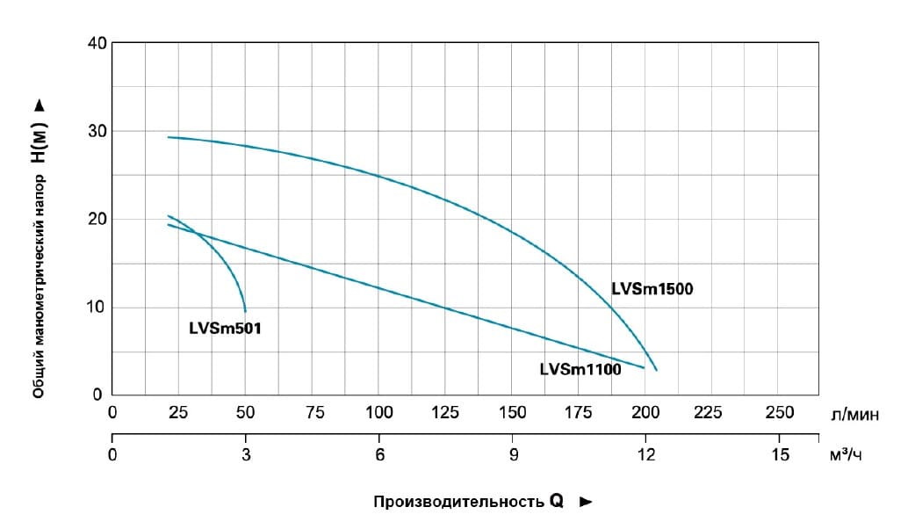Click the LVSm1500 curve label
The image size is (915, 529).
(x=652, y=288)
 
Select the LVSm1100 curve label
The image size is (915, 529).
(x=580, y=370)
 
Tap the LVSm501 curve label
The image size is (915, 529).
(x=226, y=329)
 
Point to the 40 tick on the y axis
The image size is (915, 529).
(x=97, y=43)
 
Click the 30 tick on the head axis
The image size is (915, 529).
(x=97, y=131)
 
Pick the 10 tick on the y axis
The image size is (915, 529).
(x=97, y=307)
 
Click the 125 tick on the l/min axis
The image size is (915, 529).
(x=445, y=412)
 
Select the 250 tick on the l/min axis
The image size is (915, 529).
(x=780, y=412)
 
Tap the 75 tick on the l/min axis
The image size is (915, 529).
(x=312, y=412)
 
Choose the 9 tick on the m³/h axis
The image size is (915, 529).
(x=513, y=454)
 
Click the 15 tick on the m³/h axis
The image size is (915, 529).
(x=780, y=454)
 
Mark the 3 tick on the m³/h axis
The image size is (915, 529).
(x=246, y=454)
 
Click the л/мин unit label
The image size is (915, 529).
(x=853, y=413)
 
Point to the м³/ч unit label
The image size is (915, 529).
(x=846, y=455)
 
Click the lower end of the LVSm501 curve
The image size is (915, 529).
(x=246, y=311)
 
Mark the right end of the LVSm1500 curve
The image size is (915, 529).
(x=656, y=370)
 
